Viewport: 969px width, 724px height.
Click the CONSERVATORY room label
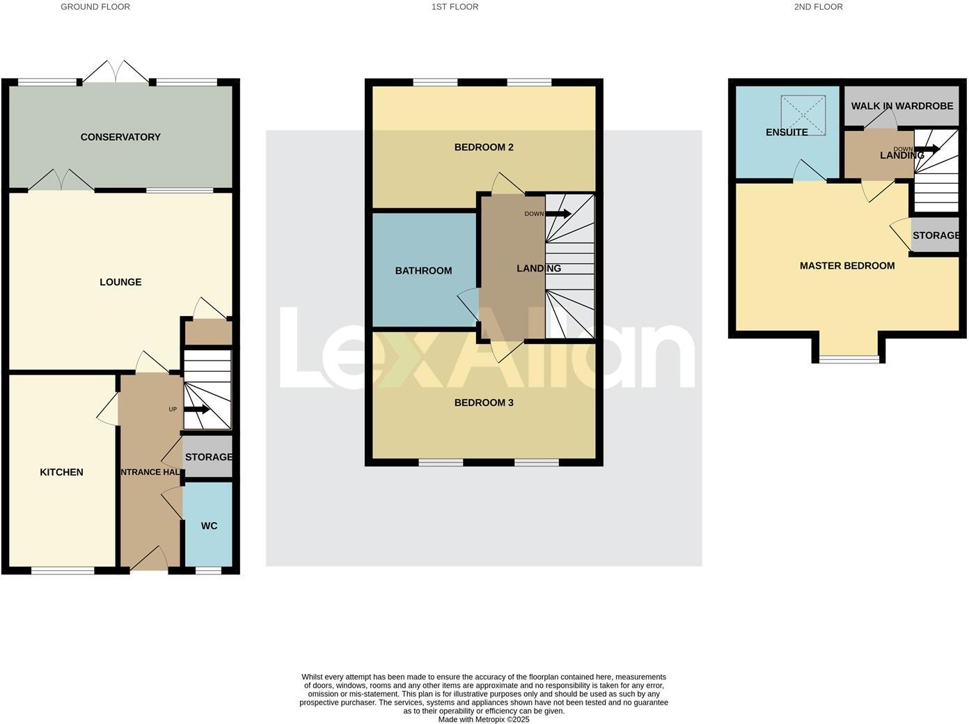pos(120,137)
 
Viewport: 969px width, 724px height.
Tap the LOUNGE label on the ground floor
pos(120,282)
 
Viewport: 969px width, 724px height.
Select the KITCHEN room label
pos(61,472)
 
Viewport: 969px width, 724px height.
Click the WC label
pos(209,526)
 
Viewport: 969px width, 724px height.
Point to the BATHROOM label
pos(423,271)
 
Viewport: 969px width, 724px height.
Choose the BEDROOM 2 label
pos(484,147)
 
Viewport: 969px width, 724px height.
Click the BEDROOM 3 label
pos(484,402)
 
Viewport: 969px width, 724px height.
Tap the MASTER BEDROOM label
pos(847,265)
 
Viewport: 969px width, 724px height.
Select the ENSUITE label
pos(787,132)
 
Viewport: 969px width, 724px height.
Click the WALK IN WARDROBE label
pos(902,106)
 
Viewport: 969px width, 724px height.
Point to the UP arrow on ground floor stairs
pos(196,409)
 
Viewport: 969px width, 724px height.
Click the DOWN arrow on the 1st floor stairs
pos(558,214)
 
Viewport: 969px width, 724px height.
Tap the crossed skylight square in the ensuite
pos(803,115)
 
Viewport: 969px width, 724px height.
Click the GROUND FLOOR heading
pos(95,7)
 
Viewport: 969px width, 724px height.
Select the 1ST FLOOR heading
pos(455,7)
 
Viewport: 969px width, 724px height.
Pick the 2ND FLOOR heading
pos(818,7)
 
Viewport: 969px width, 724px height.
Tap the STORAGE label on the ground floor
pos(208,457)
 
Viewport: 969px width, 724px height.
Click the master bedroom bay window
pos(849,359)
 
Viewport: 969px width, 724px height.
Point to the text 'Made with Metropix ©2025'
pos(484,719)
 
